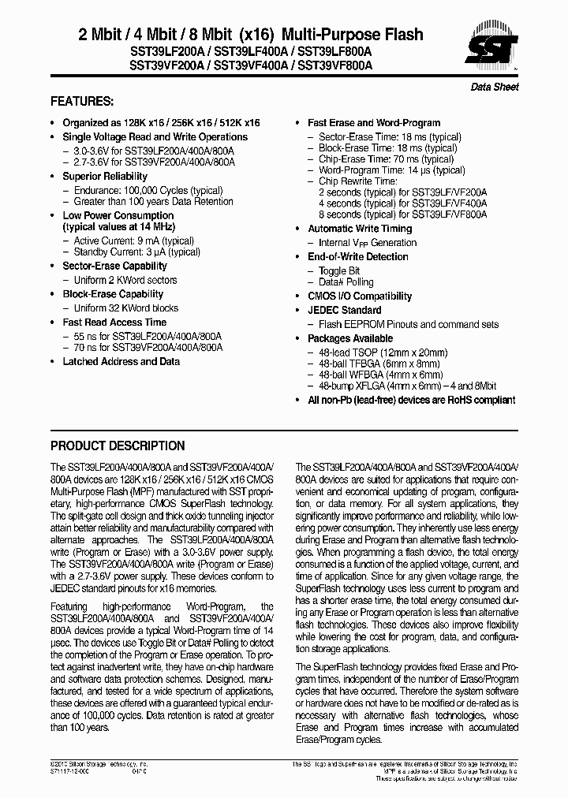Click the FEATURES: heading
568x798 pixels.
point(82,102)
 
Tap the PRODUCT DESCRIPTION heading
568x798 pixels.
point(118,446)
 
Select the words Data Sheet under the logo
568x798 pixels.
point(495,87)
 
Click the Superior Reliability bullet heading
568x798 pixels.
point(105,177)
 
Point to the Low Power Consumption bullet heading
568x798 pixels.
point(118,215)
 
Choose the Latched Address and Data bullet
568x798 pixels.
point(121,361)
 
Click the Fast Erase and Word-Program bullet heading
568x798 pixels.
point(374,123)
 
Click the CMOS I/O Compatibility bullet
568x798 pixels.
point(360,296)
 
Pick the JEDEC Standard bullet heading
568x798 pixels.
point(344,310)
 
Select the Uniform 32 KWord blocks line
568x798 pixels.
point(125,308)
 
